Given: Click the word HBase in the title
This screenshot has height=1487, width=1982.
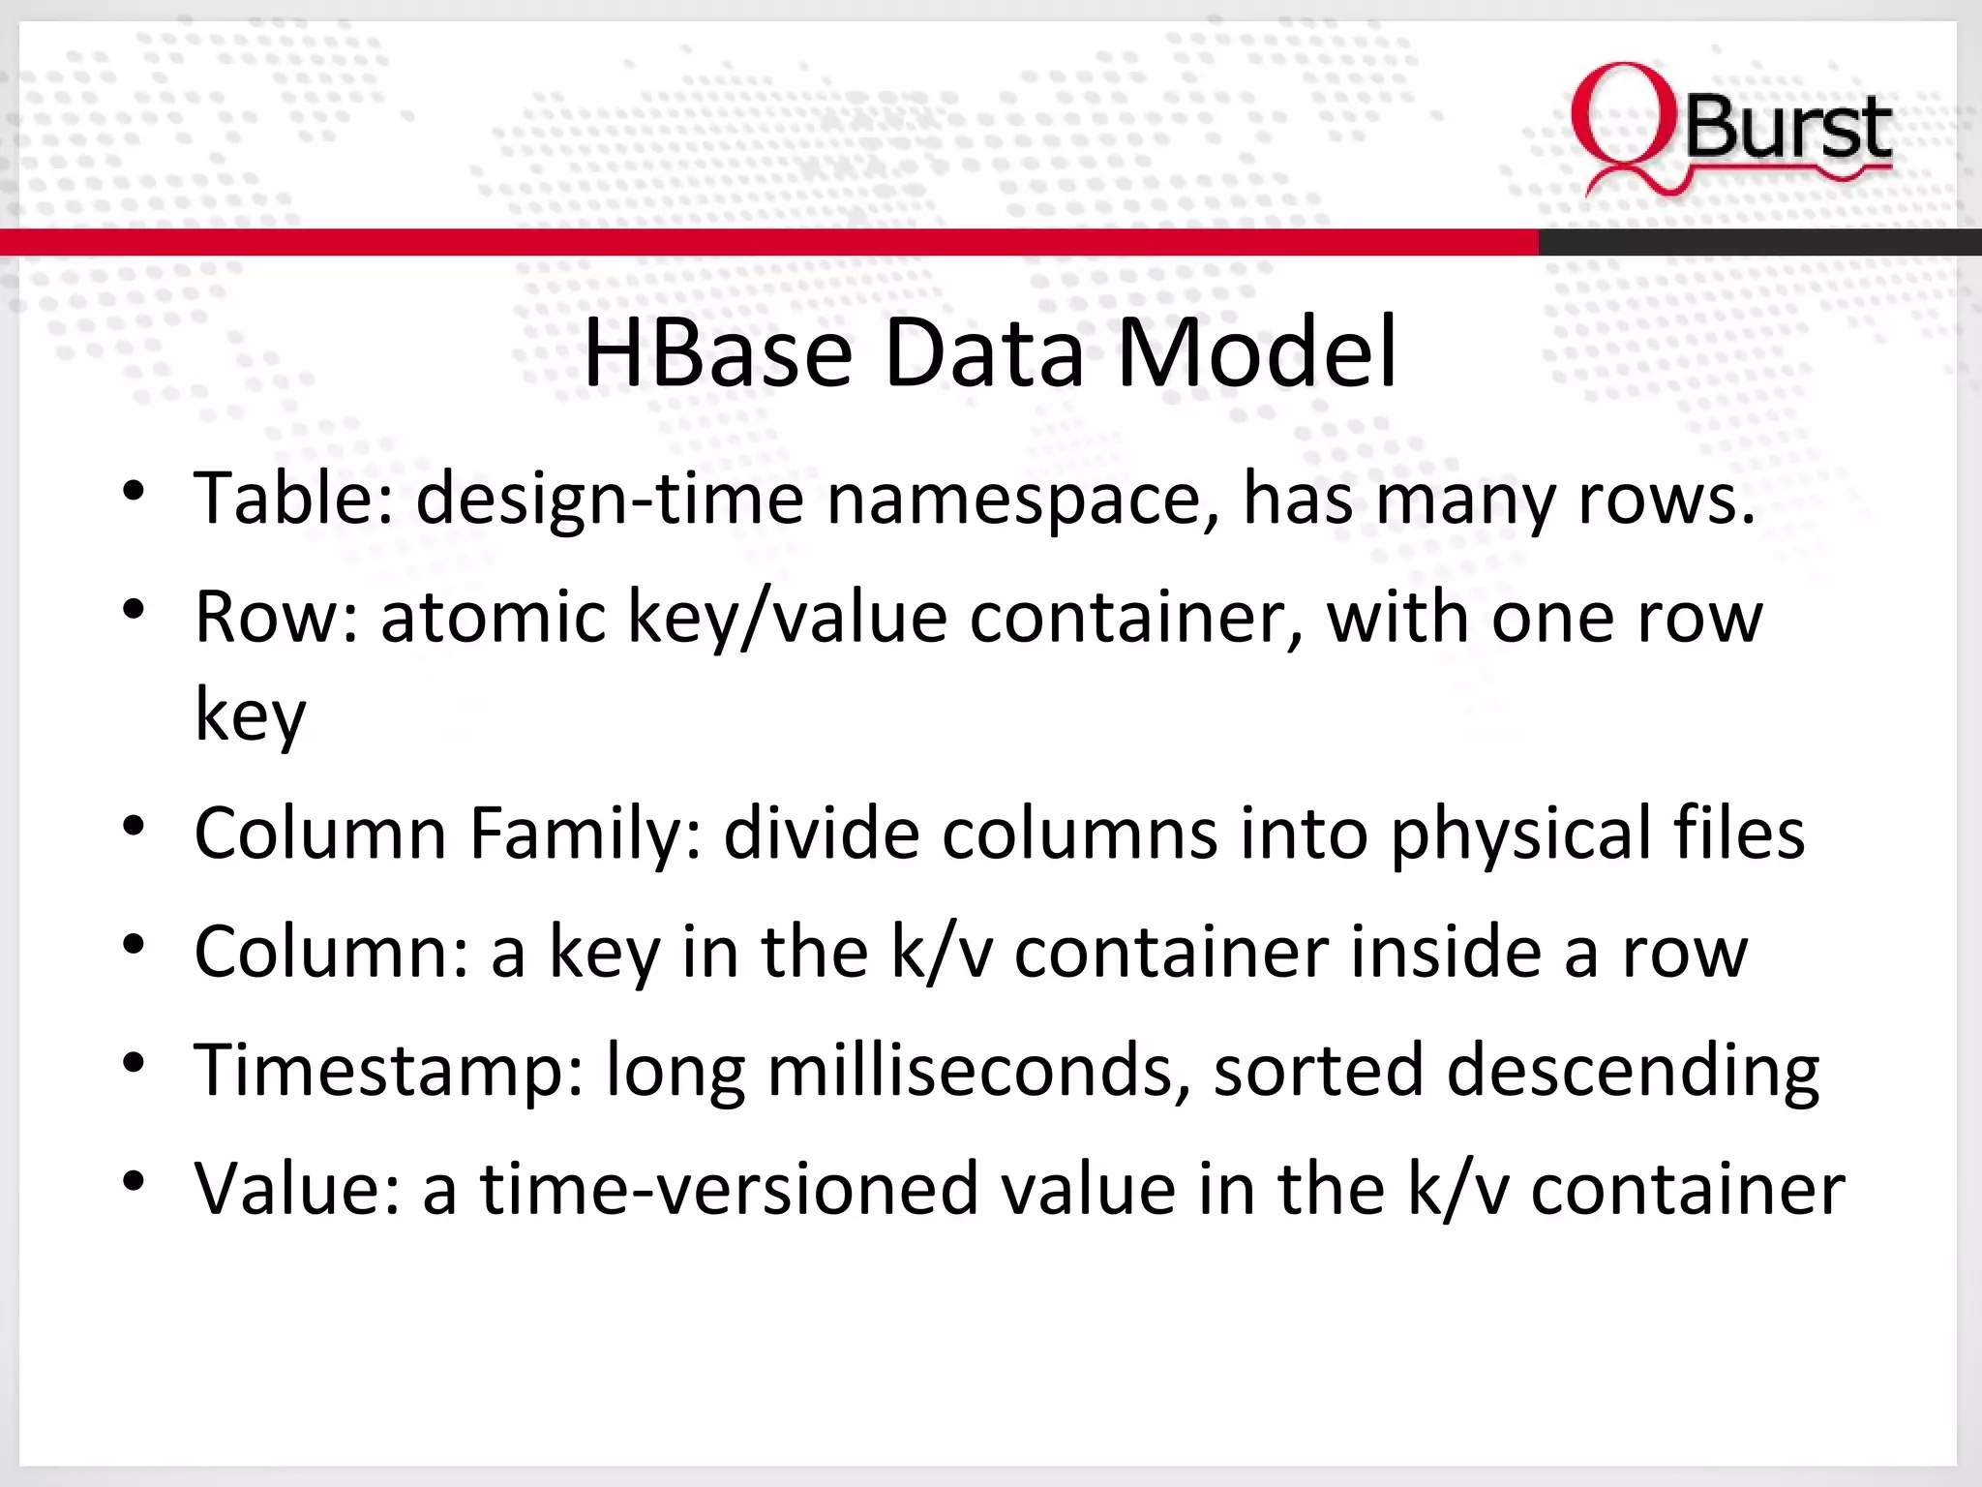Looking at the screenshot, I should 717,352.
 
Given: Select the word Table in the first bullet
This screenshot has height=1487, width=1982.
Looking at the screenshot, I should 293,499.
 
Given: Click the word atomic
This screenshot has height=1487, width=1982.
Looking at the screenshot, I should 493,617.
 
